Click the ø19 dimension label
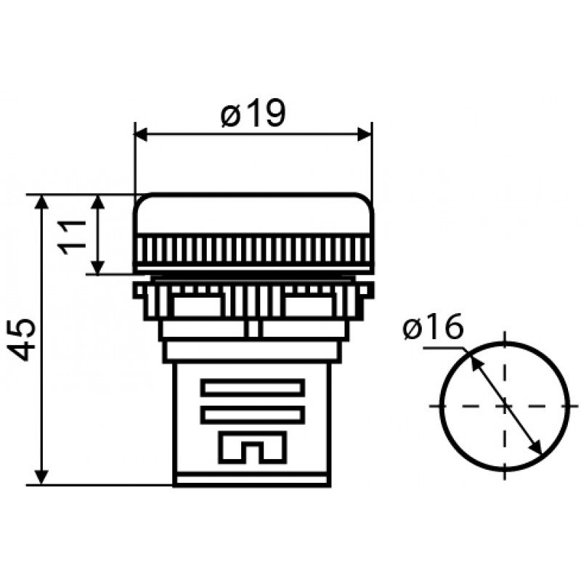click(x=253, y=113)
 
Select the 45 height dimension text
click(x=22, y=340)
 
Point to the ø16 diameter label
click(x=433, y=325)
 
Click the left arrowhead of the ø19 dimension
click(x=141, y=135)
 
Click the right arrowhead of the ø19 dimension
click(x=365, y=135)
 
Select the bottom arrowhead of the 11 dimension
click(x=97, y=267)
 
